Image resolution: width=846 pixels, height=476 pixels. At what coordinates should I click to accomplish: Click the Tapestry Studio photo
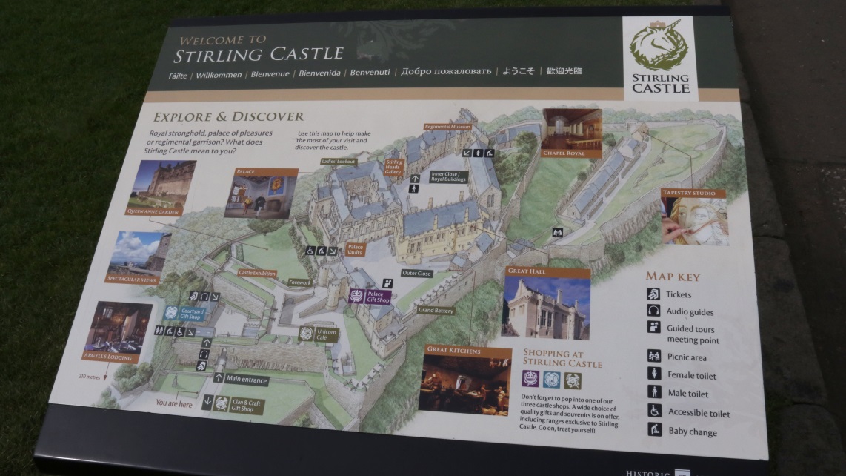[x=694, y=221]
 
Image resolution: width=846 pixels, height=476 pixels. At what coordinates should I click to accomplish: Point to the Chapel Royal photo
[x=572, y=129]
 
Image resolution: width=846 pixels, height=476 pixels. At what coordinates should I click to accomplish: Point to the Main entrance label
[x=247, y=380]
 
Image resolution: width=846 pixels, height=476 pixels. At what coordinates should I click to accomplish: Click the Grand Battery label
[x=436, y=310]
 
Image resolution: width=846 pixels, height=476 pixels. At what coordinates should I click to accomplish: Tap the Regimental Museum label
[x=447, y=127]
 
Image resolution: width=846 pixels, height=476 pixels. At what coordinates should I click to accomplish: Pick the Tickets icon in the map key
[x=653, y=294]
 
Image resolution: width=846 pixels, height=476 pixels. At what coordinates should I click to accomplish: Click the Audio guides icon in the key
[x=653, y=311]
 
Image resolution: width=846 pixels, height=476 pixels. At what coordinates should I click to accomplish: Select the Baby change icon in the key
[x=654, y=429]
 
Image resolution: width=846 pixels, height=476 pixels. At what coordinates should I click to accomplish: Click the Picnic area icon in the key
[x=653, y=356]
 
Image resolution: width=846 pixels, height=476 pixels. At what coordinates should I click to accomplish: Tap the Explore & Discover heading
[x=228, y=117]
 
